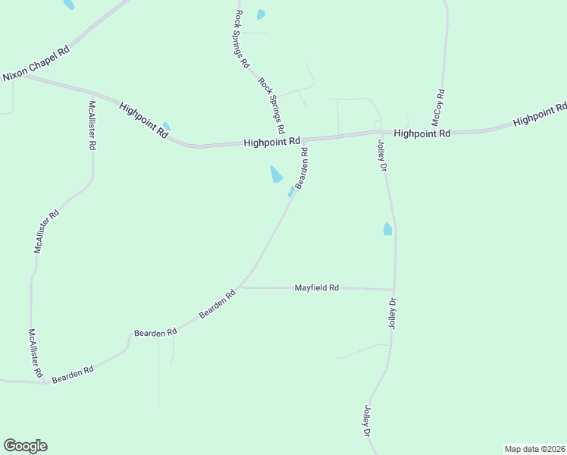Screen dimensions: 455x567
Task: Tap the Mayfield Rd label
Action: pos(316,288)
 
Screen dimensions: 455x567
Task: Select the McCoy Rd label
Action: pos(438,108)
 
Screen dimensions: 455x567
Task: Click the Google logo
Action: pos(25,446)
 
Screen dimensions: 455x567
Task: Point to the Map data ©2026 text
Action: pos(534,448)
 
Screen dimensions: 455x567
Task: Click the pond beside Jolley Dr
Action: pos(388,228)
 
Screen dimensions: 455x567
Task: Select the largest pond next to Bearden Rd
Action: pos(277,174)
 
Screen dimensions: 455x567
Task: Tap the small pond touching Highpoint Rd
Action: pos(166,126)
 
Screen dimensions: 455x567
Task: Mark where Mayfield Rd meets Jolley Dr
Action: pos(393,290)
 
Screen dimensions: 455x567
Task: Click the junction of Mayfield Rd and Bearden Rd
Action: pos(239,287)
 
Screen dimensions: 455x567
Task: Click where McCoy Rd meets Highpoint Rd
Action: pos(440,132)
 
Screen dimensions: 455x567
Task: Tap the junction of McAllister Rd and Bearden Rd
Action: pos(47,382)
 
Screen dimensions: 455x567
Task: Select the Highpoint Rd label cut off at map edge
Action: pos(540,115)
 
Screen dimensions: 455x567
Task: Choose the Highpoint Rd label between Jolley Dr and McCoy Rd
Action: pos(422,133)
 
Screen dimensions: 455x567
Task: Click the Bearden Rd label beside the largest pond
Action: pos(301,168)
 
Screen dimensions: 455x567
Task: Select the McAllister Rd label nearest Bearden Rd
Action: pos(35,354)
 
